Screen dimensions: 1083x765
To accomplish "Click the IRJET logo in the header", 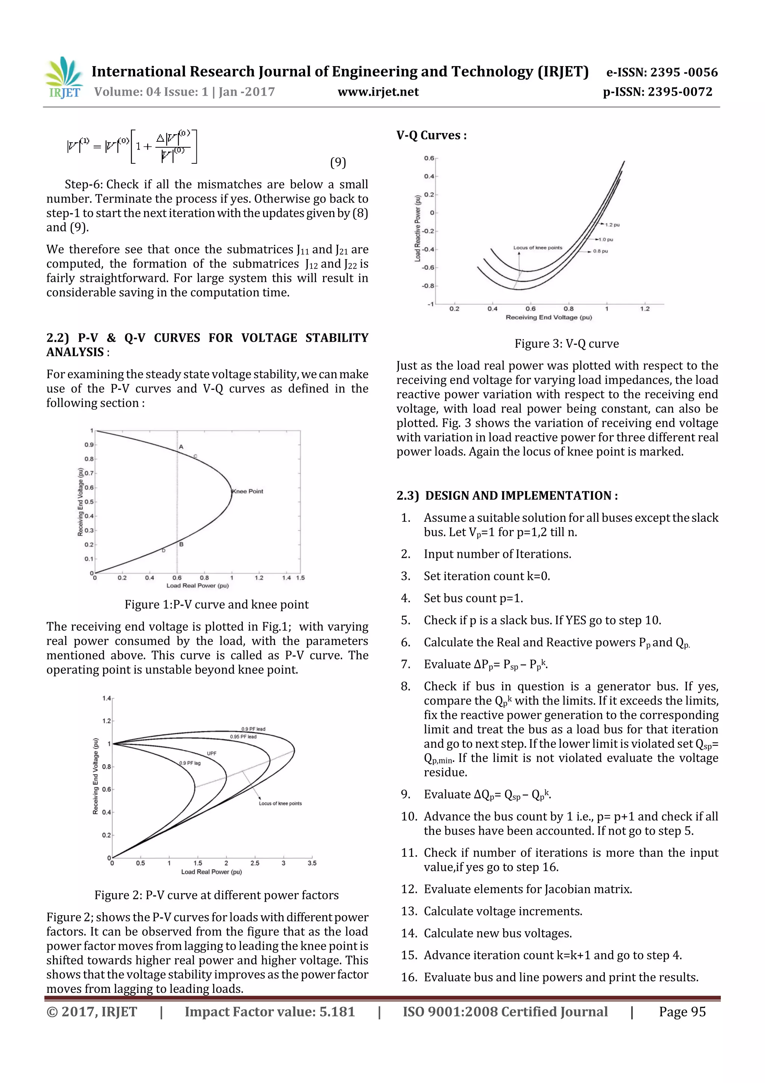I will coord(64,78).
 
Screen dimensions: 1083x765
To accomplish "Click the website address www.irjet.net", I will coord(378,92).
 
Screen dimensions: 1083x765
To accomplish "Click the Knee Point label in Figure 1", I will coord(248,492).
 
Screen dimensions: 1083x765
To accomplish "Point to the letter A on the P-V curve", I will coord(181,446).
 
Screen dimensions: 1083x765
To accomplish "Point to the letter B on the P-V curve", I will coord(182,544).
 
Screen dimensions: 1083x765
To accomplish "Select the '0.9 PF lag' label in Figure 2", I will coord(190,763).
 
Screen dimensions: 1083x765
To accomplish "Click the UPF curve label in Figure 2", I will coord(212,753).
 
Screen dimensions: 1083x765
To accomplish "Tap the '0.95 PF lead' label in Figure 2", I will coord(243,736).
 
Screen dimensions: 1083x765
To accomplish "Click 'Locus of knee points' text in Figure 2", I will coord(280,803).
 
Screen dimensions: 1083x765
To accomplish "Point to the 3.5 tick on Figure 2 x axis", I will coord(312,863).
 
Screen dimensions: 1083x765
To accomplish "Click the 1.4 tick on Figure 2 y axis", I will coord(106,698).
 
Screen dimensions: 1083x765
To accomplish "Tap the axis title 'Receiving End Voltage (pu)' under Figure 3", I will coord(549,317).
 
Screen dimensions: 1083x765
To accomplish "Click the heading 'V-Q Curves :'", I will coord(431,136).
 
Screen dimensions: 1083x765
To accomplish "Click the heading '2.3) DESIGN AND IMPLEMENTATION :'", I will coord(507,496).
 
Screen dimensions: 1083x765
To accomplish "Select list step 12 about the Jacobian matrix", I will coord(527,889).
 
